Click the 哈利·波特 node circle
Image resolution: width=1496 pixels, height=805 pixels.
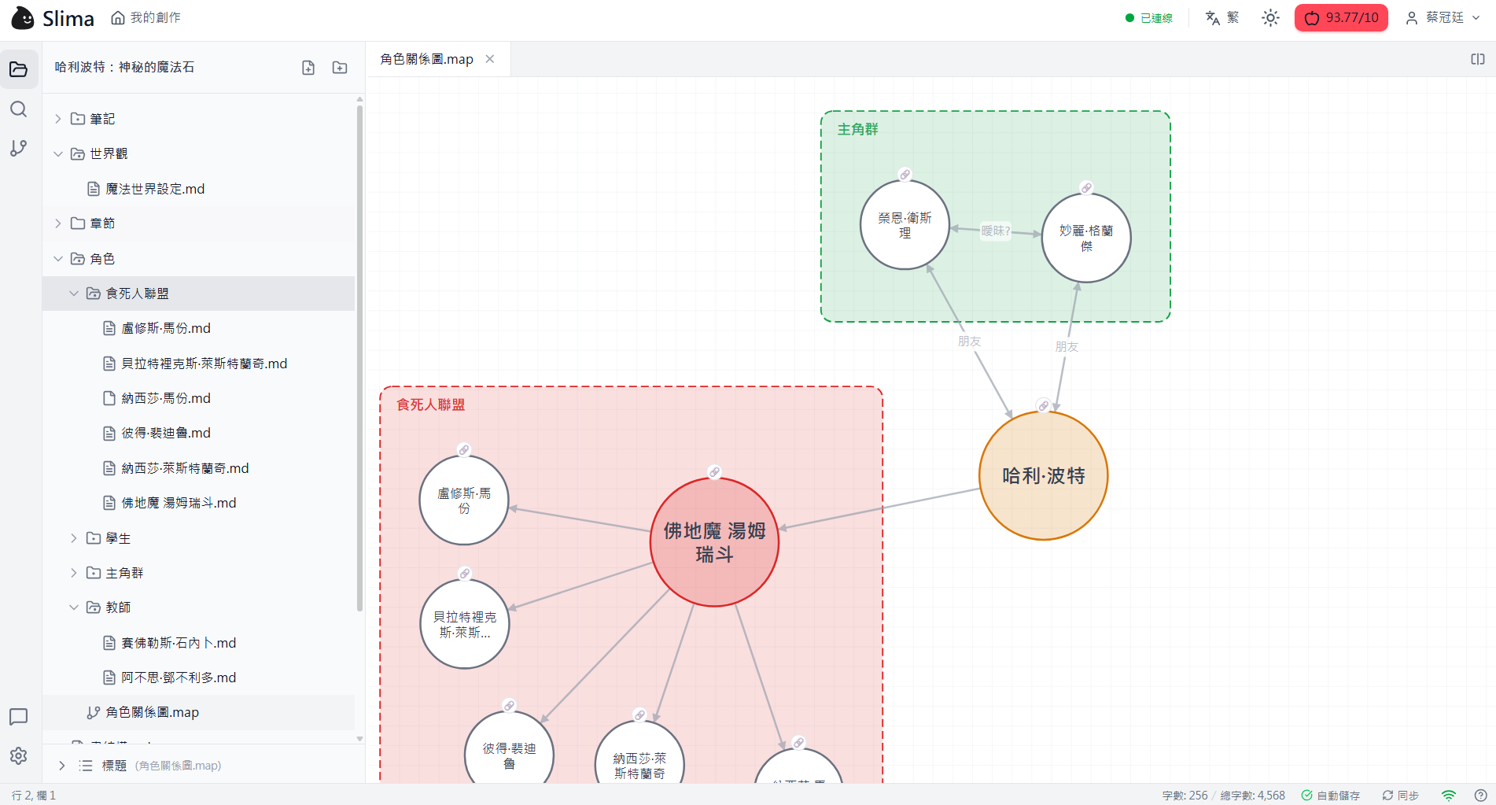(1043, 475)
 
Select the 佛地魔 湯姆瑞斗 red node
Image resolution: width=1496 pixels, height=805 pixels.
(714, 542)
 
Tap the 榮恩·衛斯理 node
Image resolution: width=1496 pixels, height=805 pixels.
(905, 225)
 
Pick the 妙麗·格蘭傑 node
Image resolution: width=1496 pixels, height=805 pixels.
(1085, 238)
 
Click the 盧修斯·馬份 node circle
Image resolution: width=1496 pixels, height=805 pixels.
(464, 500)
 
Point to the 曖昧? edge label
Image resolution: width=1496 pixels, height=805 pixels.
(995, 231)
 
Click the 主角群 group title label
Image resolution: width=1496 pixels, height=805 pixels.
(857, 130)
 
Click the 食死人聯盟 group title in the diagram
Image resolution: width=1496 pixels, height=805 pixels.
(430, 404)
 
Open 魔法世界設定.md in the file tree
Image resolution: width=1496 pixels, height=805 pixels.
(155, 189)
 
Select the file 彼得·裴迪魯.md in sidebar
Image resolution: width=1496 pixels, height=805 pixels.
(166, 433)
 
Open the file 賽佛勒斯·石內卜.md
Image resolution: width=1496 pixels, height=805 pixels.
(179, 643)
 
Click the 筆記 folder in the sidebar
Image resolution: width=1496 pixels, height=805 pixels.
(102, 119)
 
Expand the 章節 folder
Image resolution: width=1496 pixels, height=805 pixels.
(102, 223)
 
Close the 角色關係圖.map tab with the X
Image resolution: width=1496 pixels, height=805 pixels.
(490, 59)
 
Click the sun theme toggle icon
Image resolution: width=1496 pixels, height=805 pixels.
(1270, 18)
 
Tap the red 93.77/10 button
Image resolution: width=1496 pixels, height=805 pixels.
(1341, 18)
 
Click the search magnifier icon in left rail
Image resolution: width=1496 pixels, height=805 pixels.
(19, 109)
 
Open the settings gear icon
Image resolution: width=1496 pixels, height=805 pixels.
(19, 755)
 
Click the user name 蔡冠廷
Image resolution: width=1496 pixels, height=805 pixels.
(1444, 18)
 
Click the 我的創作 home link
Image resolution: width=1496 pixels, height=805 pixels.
(146, 18)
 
